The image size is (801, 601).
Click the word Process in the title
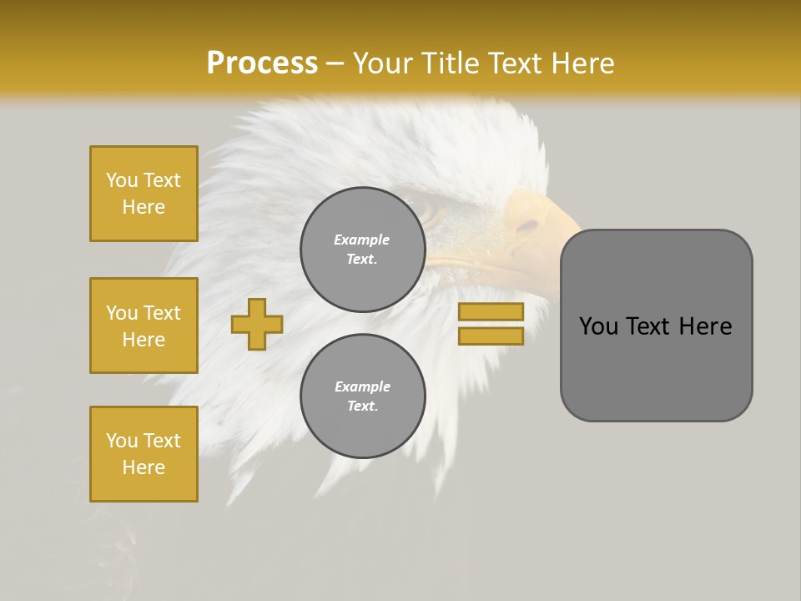(262, 63)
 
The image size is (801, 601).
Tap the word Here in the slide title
(578, 63)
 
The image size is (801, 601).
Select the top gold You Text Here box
(144, 194)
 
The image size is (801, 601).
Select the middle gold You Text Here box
(144, 326)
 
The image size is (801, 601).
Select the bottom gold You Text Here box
(144, 454)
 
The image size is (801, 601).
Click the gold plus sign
(257, 324)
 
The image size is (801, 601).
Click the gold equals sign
(491, 324)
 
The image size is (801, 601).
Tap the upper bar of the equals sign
(491, 311)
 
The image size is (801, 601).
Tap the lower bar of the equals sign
(491, 336)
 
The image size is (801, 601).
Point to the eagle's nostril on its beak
(527, 225)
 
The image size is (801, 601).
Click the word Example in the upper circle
(362, 240)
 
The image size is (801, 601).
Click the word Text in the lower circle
(362, 406)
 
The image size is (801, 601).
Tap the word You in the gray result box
(599, 326)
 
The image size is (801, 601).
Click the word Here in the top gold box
(144, 207)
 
